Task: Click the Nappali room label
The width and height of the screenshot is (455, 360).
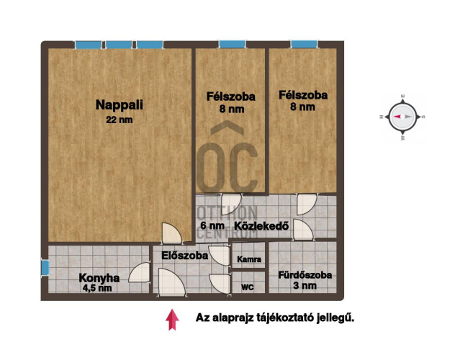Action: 120,105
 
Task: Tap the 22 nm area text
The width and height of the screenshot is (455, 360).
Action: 120,120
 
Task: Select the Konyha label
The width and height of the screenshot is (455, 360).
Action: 99,278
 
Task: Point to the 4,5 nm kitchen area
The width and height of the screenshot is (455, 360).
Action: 97,288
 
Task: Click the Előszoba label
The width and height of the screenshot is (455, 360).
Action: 184,256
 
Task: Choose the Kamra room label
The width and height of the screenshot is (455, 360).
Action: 249,259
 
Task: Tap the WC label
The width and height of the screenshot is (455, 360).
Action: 248,287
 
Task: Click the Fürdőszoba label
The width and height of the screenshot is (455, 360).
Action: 305,275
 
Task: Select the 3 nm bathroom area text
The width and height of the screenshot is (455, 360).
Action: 305,285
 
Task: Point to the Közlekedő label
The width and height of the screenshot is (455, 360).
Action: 261,225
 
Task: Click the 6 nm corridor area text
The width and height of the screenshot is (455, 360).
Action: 212,225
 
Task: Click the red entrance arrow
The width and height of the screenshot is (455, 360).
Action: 172,320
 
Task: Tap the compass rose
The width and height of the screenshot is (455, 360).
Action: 402,117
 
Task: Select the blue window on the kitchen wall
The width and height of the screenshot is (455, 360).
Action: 45,267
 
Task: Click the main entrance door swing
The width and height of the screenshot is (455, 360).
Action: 172,282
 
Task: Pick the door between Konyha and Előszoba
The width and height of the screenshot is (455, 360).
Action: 140,272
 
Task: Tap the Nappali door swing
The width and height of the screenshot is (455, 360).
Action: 172,233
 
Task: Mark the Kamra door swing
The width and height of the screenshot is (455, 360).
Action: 220,256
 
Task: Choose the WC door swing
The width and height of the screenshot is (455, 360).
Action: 220,284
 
